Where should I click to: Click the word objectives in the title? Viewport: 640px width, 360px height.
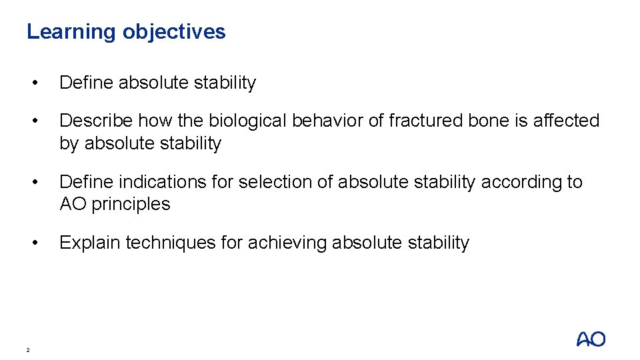173,32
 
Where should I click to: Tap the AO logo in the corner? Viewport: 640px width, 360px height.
591,339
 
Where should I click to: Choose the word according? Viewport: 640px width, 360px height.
522,182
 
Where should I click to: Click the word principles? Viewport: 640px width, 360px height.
131,204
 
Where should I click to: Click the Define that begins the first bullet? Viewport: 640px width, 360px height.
86,83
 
